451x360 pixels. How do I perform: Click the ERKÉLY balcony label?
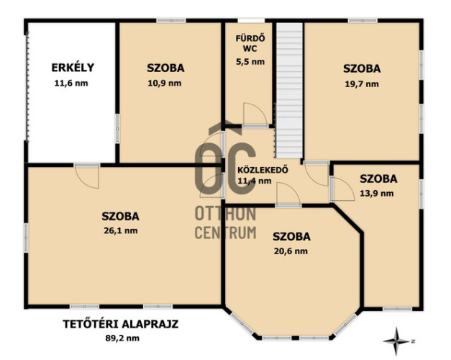[x=73, y=68]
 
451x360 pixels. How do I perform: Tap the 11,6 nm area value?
[x=71, y=84]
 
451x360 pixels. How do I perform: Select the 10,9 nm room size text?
[x=165, y=84]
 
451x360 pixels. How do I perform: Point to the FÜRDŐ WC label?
[x=250, y=43]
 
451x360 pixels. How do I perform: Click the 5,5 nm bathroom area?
[x=250, y=62]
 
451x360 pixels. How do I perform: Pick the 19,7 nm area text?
[x=362, y=84]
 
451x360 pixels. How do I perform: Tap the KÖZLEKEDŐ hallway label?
[x=263, y=170]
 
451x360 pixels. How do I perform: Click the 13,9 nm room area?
[x=377, y=193]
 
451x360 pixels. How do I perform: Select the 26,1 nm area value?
[x=121, y=230]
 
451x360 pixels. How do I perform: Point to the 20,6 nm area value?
[x=291, y=251]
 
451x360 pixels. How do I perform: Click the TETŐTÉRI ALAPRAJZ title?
[x=121, y=324]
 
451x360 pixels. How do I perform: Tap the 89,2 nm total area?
[x=122, y=338]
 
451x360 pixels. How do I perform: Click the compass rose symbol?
[x=397, y=341]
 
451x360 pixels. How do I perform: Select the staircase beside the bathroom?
[x=290, y=90]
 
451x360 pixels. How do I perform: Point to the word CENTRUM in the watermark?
[x=226, y=233]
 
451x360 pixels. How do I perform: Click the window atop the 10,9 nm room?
[x=171, y=20]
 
